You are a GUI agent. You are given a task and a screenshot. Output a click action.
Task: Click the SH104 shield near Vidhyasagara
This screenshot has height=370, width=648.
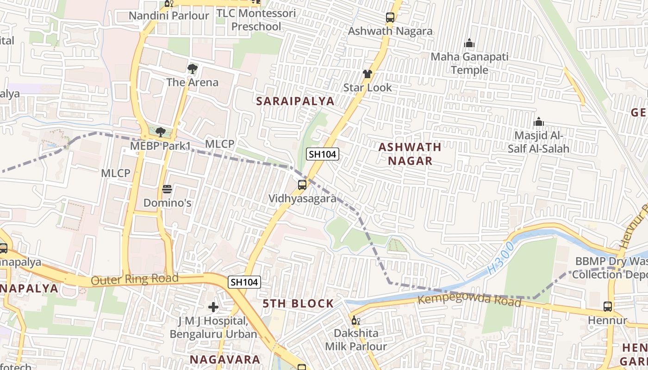323,154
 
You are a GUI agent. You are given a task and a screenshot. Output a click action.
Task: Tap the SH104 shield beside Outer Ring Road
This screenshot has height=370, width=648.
244,282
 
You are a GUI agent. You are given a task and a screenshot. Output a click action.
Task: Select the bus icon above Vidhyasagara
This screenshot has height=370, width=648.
302,185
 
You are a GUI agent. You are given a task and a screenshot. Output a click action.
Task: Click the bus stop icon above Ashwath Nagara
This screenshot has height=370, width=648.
390,18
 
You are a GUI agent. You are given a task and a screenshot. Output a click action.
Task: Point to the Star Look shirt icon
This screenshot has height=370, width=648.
368,74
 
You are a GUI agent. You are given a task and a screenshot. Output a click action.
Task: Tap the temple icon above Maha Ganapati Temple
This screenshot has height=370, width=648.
469,43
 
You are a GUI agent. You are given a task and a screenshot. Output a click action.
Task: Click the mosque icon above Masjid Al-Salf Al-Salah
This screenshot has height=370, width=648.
538,122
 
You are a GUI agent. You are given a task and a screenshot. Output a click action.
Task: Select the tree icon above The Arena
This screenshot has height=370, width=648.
192,69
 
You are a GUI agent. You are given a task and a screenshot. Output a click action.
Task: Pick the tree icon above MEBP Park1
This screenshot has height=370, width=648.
161,133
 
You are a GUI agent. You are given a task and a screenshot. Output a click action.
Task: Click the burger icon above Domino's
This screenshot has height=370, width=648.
167,189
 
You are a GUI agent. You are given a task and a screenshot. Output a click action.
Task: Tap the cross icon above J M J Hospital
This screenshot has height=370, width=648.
213,307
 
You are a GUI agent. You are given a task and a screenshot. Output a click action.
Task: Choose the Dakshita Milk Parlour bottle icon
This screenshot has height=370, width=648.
355,320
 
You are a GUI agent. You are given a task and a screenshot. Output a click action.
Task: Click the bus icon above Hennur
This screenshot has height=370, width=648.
608,306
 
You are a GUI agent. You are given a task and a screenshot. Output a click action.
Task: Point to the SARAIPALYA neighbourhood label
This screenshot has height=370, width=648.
295,101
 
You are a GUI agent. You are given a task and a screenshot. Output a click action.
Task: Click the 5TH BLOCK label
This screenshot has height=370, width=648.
298,303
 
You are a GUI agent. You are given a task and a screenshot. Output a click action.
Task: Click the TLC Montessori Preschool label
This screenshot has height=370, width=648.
256,20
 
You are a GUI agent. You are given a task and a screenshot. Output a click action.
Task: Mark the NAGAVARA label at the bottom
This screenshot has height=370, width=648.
225,359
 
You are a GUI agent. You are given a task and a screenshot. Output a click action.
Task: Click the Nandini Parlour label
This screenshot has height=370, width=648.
169,16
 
